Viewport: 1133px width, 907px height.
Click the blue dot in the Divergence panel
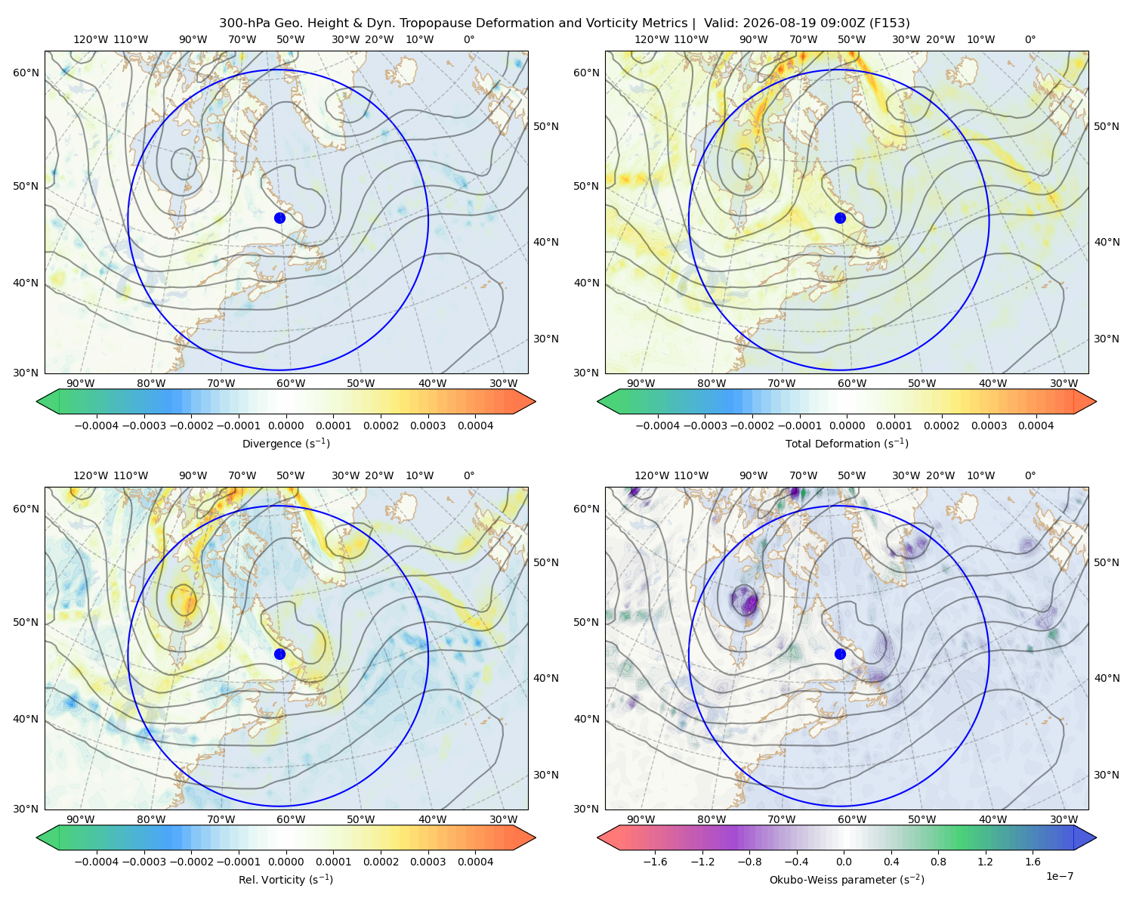pos(279,218)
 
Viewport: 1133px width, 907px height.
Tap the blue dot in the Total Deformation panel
pos(840,218)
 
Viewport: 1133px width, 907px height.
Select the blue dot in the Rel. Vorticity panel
pos(279,654)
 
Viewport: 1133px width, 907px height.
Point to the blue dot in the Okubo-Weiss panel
pos(840,654)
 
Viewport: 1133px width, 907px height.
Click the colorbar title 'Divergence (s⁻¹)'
pos(286,443)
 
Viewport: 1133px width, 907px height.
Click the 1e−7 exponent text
pos(1059,876)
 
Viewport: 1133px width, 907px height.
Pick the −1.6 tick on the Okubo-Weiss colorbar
pos(655,861)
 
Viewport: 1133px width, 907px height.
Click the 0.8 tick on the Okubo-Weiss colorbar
pos(938,861)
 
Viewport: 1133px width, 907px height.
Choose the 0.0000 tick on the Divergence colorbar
pos(286,426)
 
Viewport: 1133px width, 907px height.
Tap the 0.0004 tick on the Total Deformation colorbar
pos(1036,426)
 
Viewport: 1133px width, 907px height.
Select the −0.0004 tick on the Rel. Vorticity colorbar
pos(97,861)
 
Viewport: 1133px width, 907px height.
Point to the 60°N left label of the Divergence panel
pos(26,73)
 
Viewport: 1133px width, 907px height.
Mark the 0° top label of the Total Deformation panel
pos(1030,39)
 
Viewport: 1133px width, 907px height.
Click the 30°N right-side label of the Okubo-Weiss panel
pos(1106,774)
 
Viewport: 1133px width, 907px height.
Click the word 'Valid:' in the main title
pos(721,23)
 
